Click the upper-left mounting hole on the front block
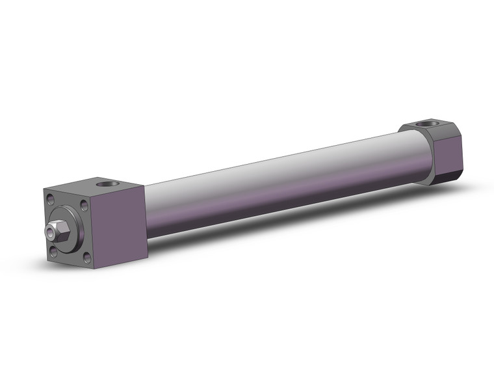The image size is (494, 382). click(x=51, y=200)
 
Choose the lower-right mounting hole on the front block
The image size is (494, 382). click(x=87, y=258)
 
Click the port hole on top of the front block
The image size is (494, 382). click(x=111, y=184)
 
